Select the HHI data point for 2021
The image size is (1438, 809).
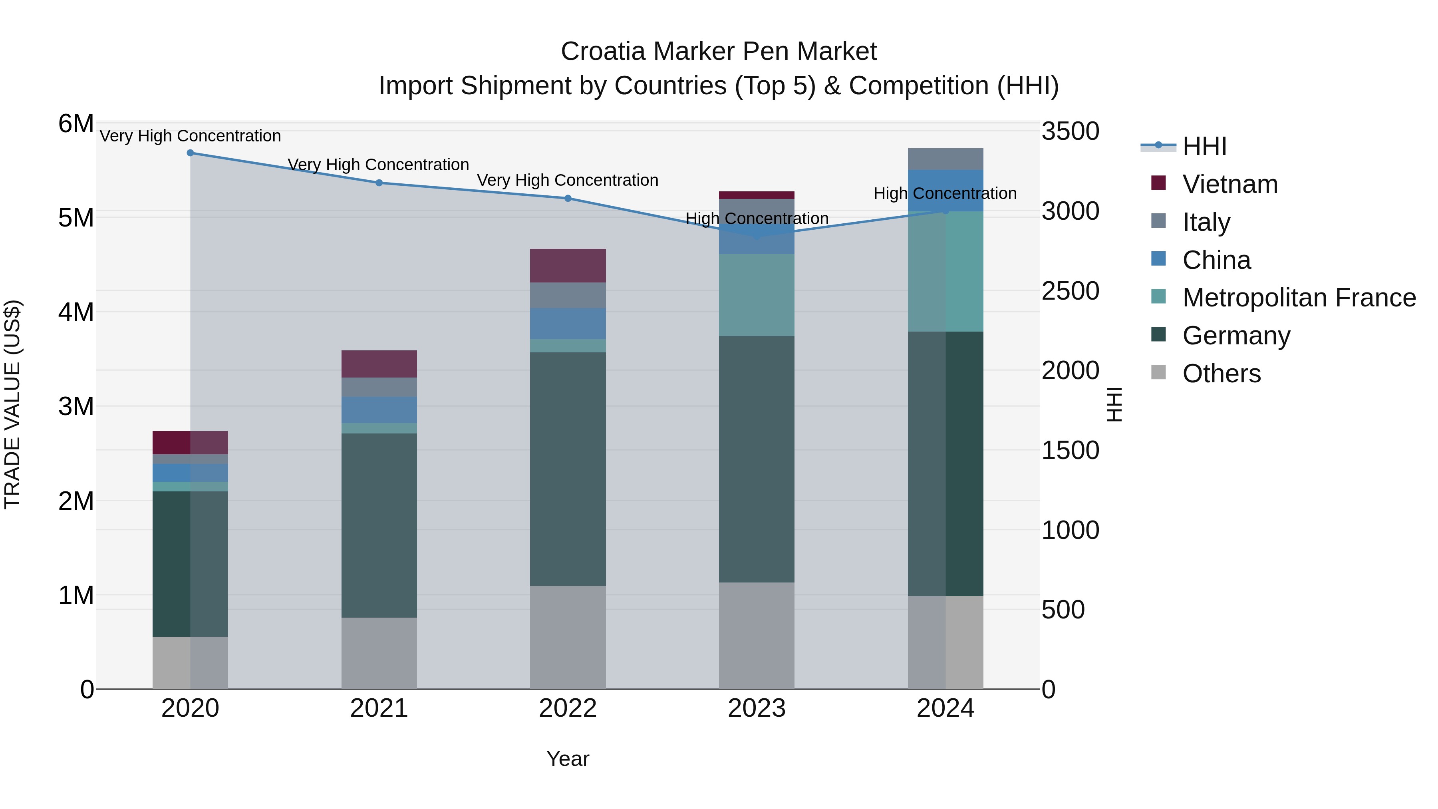coord(379,183)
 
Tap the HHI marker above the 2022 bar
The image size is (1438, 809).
coord(568,198)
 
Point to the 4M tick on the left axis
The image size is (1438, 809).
coord(76,312)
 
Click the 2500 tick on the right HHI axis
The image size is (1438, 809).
coord(1070,291)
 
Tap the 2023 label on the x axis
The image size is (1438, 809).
coord(757,708)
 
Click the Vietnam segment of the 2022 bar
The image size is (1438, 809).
coord(568,265)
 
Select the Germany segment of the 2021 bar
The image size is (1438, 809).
coord(379,525)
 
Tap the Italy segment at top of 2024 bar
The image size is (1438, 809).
coord(945,159)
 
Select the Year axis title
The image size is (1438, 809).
coord(568,759)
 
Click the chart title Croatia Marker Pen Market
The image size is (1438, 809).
coord(719,52)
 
